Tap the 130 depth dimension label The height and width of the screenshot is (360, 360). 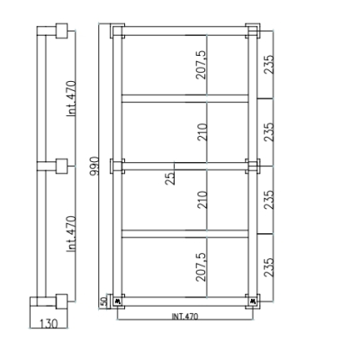(49, 324)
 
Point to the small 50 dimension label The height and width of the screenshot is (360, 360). (103, 301)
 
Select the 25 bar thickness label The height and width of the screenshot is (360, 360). (170, 178)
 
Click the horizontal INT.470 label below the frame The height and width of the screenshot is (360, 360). (184, 316)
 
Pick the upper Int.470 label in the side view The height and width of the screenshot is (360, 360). (71, 99)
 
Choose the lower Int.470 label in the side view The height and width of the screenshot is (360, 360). (71, 234)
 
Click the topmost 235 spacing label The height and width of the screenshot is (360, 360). (268, 64)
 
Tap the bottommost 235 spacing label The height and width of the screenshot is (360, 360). (268, 267)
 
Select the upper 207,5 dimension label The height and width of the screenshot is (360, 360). (201, 65)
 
